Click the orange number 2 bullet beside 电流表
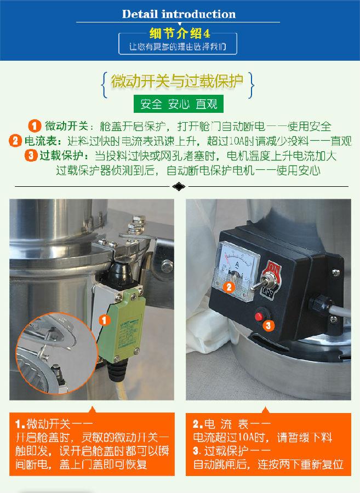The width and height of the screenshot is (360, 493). (16, 140)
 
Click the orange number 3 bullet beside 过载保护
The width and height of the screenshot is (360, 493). (31, 155)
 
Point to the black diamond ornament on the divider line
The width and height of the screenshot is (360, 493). (179, 186)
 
